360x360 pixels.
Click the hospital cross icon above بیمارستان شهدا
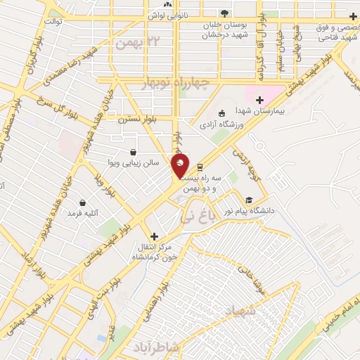(260, 100)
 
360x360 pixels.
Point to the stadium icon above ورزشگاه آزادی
(222, 112)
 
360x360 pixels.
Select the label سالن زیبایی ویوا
(137, 162)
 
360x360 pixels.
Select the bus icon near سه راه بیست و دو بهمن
(201, 167)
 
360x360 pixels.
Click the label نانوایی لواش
(169, 13)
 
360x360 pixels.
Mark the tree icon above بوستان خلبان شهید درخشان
(224, 13)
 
